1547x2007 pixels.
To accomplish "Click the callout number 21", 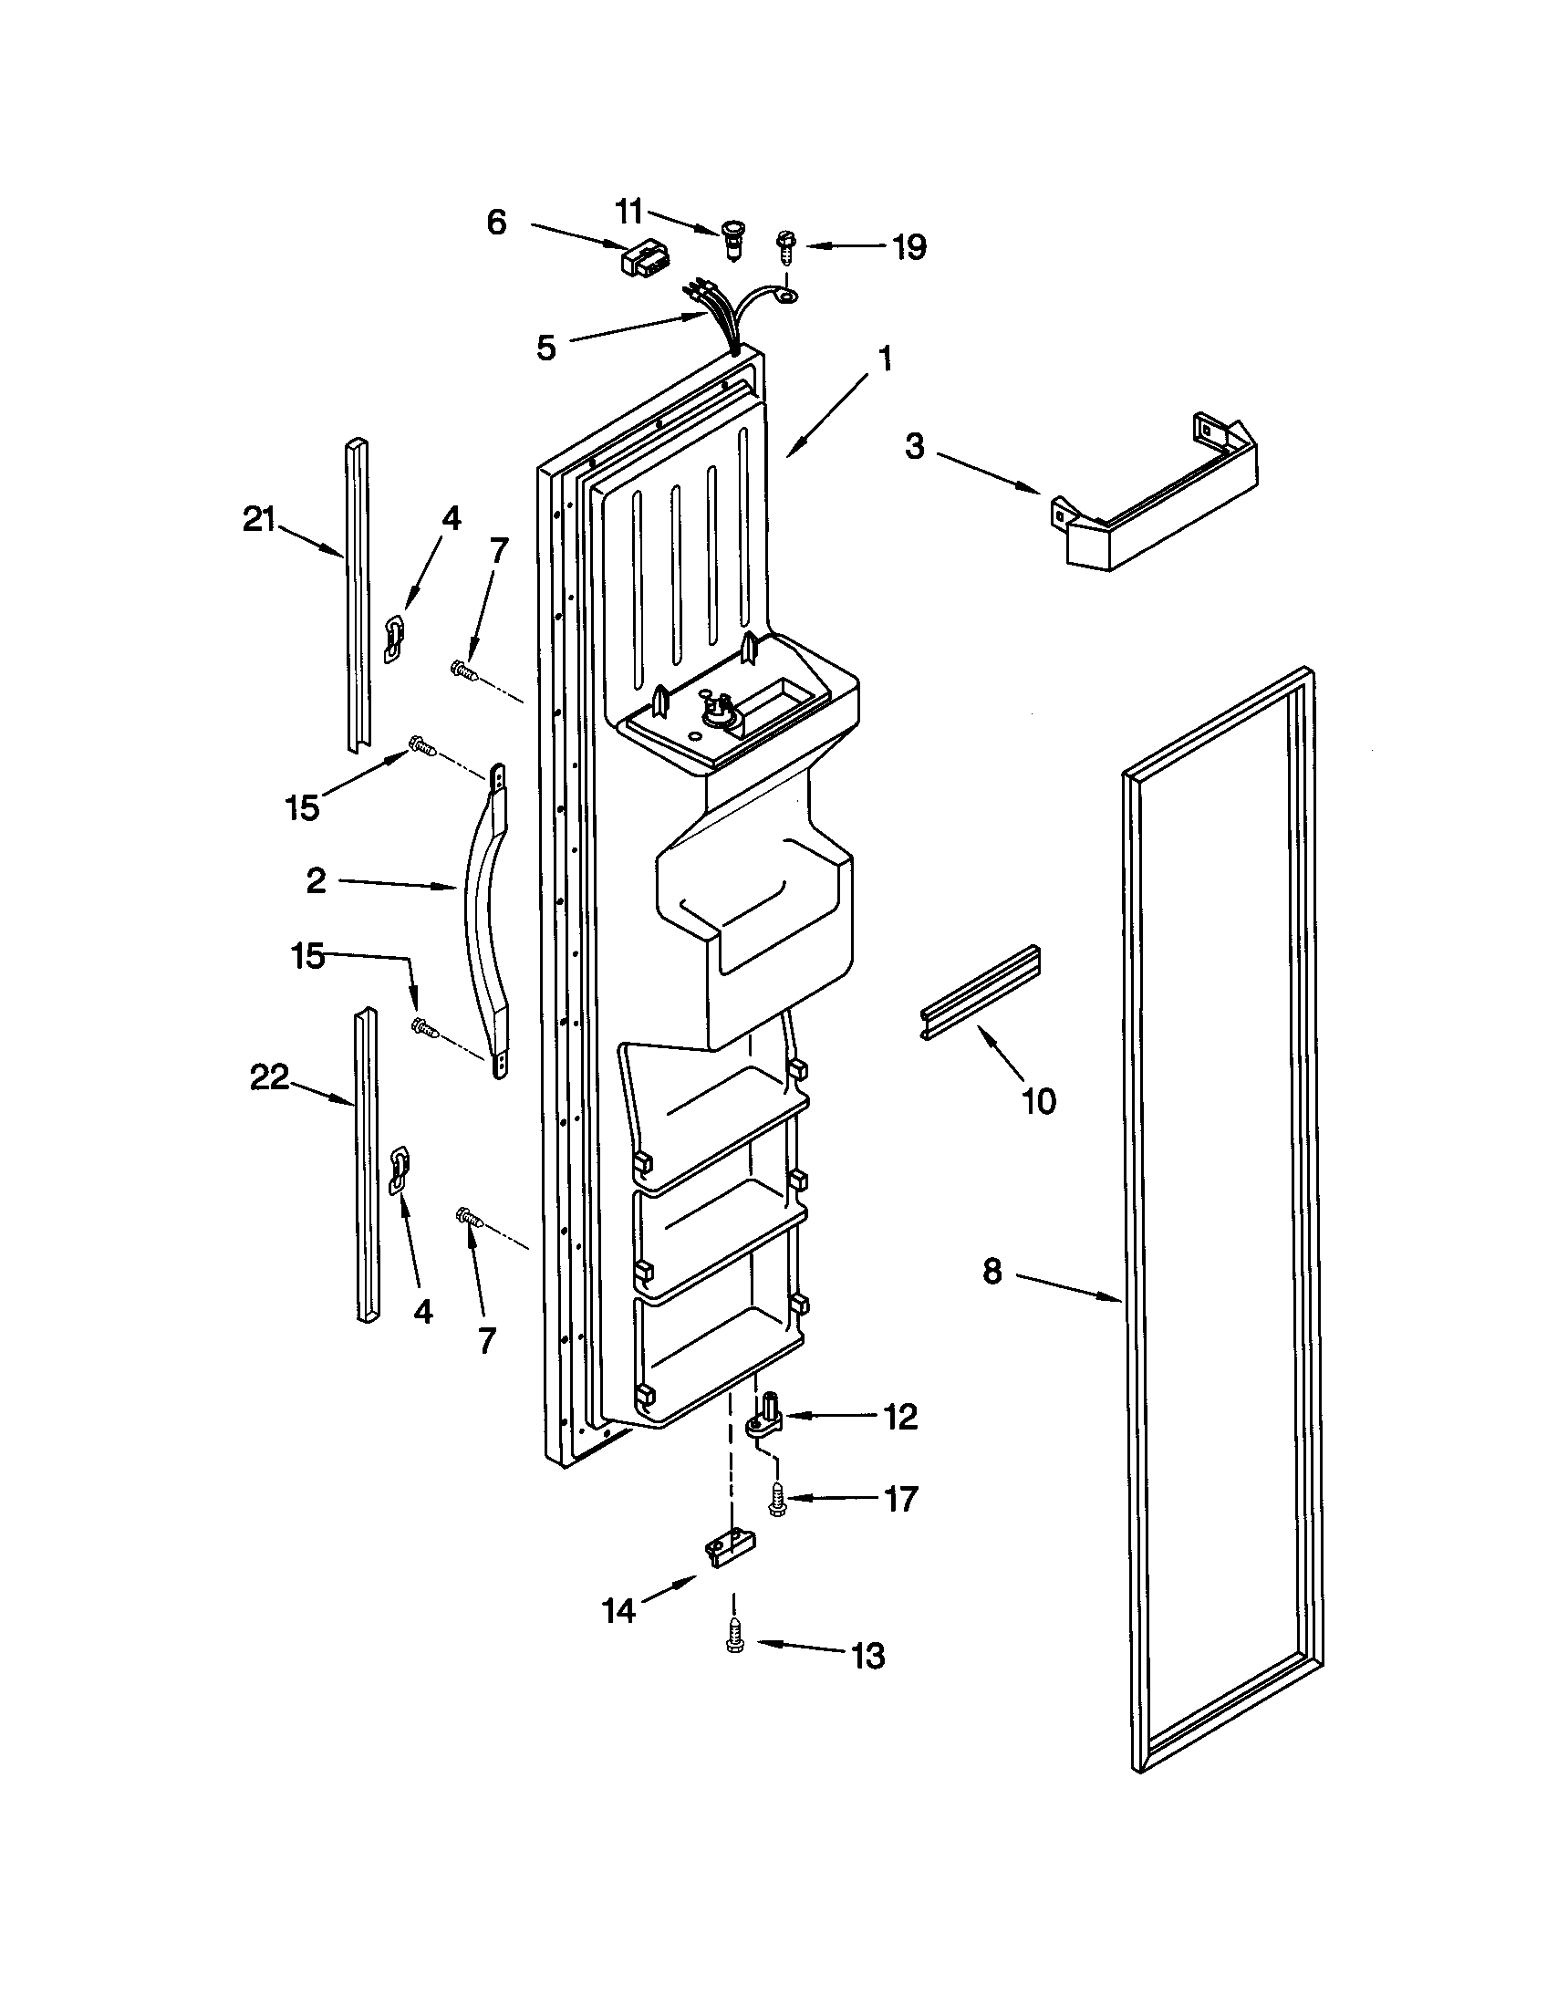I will pyautogui.click(x=258, y=521).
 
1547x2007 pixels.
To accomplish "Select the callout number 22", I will pyautogui.click(x=269, y=1077).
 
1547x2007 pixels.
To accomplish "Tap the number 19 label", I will pyautogui.click(x=908, y=247).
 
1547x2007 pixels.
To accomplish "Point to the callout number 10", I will pyautogui.click(x=1038, y=1100).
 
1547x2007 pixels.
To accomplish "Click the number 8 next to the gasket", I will pyautogui.click(x=992, y=1272).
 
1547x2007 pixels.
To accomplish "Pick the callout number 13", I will pyautogui.click(x=867, y=1655).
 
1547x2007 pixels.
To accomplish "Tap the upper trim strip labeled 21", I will pyautogui.click(x=358, y=593).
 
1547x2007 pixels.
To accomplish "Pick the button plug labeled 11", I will pyautogui.click(x=733, y=237).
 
